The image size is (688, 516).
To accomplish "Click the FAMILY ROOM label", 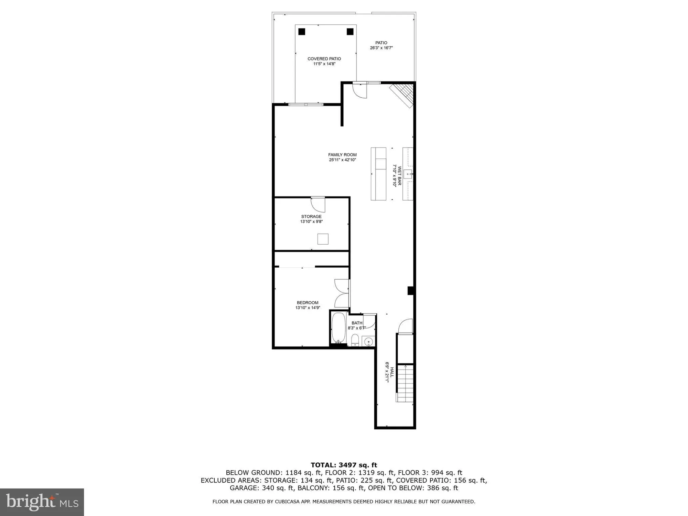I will click(x=342, y=155).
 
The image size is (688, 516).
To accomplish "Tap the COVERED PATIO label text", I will click(x=324, y=59).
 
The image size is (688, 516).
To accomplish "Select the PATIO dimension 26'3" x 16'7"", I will click(x=381, y=48).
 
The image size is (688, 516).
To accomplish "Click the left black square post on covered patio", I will click(x=302, y=32).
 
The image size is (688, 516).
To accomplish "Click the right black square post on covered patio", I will click(x=350, y=32).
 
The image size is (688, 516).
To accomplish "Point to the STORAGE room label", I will click(x=311, y=216).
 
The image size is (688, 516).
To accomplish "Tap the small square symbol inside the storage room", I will click(x=323, y=239).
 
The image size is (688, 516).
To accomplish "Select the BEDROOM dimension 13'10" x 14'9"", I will click(x=308, y=308).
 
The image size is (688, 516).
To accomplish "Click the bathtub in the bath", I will click(x=338, y=328).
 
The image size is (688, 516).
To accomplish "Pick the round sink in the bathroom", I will click(x=368, y=342).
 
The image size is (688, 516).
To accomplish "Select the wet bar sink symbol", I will click(x=408, y=174).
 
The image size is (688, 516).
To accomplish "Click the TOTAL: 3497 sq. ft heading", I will click(x=344, y=465).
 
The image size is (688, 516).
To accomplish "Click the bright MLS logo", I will click(x=42, y=502).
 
